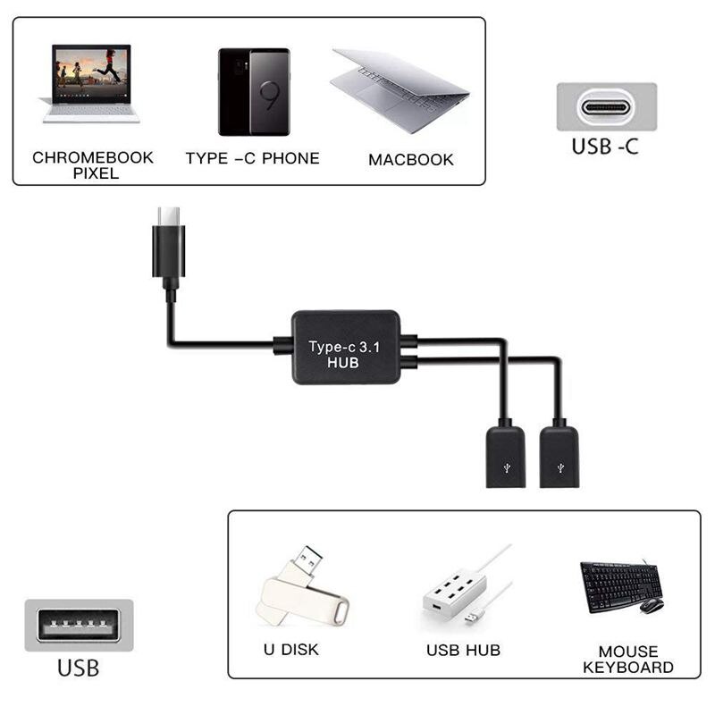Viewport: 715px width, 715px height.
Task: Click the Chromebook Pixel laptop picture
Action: point(90,82)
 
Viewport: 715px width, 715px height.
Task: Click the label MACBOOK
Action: point(411,160)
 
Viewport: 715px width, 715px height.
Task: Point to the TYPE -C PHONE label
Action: point(252,158)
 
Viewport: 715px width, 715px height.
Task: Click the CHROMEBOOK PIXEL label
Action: point(93,165)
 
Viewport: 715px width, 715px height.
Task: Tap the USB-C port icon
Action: point(606,107)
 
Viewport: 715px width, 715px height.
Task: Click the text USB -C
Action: point(605,147)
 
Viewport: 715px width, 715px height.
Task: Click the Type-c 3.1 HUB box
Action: point(345,348)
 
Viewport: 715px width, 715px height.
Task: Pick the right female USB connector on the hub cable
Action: point(559,457)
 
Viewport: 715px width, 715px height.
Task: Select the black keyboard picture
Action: point(618,585)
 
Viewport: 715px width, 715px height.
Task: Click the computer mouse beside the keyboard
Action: point(652,605)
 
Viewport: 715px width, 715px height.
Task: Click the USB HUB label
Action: point(463,651)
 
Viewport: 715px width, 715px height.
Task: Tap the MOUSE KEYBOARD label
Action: point(627,660)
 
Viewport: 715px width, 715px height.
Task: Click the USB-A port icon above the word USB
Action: point(79,625)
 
